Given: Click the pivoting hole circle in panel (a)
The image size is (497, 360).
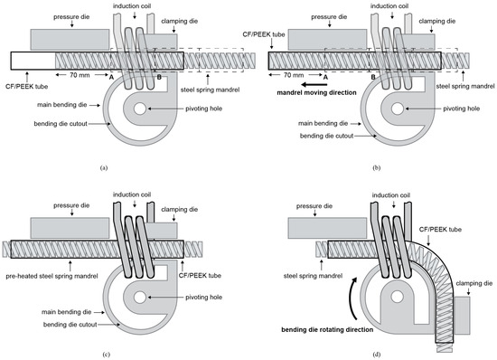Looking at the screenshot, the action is pos(140,109).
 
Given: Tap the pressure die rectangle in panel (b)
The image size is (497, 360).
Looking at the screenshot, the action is pos(327,40).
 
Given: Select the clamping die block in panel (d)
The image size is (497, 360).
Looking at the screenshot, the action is pos(463,315).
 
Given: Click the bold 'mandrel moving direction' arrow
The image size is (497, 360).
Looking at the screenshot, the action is pos(314,84).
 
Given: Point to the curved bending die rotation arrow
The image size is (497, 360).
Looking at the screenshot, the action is pos(352,298).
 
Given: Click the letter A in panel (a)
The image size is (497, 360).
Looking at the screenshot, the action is pos(111,77).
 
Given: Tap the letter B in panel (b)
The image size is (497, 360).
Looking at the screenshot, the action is pos(373,77).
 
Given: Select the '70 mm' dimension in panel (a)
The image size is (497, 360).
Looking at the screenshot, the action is pos(80,75).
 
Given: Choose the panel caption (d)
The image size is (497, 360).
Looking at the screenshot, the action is pos(377,355).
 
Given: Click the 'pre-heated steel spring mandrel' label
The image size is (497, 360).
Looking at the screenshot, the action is pos(52,276).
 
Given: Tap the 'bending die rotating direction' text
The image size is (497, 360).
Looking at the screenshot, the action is pos(327,330).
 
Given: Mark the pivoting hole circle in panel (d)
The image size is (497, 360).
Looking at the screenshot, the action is pos(396,297).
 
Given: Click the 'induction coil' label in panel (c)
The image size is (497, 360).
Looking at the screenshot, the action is pos(132,194).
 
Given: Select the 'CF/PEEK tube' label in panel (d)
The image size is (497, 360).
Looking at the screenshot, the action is pos(440,230).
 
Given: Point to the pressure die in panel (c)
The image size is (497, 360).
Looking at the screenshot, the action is pos(70,228).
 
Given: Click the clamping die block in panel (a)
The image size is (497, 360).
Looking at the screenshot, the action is pos(160,42).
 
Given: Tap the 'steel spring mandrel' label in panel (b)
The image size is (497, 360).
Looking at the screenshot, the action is pos(465,86).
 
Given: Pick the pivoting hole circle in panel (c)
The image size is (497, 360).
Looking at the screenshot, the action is pos(140,298).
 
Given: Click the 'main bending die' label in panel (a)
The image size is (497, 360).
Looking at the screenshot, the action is pos(61,105).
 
